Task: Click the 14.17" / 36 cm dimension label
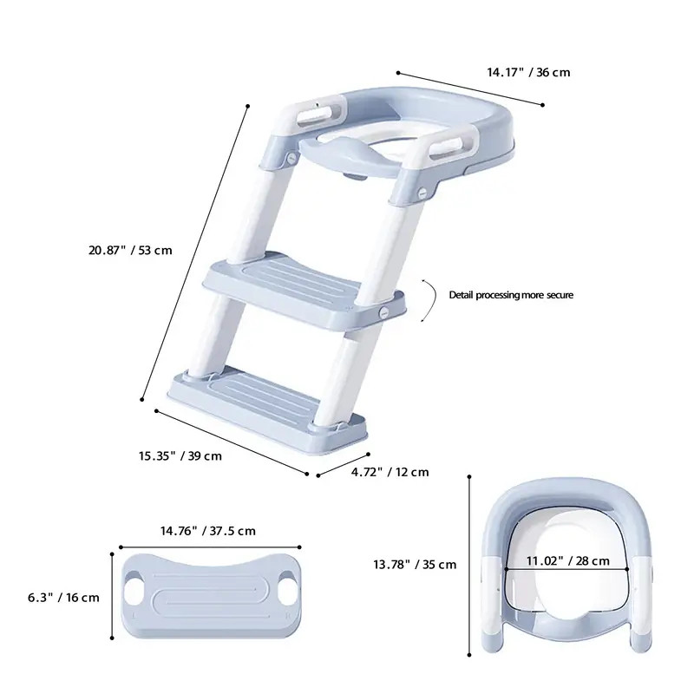pyautogui.click(x=528, y=72)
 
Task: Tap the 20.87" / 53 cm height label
pyautogui.click(x=130, y=250)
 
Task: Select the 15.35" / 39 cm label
pyautogui.click(x=180, y=455)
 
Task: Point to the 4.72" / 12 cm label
pyautogui.click(x=390, y=472)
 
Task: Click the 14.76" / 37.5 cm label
pyautogui.click(x=208, y=530)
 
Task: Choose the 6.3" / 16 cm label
pyautogui.click(x=63, y=598)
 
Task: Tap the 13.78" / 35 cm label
pyautogui.click(x=415, y=565)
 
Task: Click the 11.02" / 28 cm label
pyautogui.click(x=568, y=560)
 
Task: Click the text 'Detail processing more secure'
pyautogui.click(x=511, y=295)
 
